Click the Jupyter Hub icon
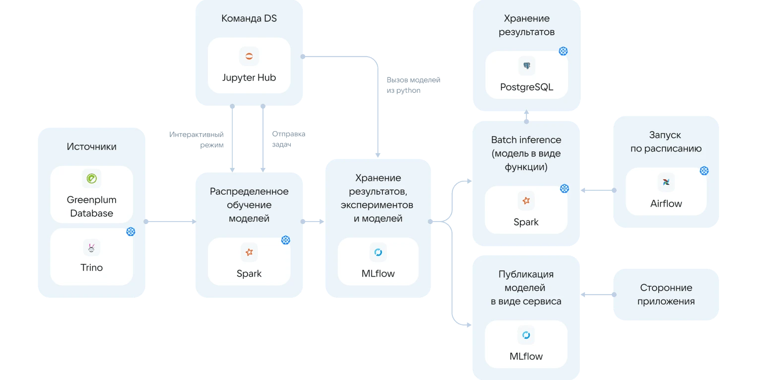pos(249,57)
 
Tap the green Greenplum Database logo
pos(92,178)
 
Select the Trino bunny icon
pos(92,247)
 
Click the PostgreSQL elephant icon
pos(526,66)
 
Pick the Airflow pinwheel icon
pos(666,182)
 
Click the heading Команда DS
pos(249,19)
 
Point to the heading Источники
pos(92,147)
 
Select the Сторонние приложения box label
pos(666,295)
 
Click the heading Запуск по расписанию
pos(666,142)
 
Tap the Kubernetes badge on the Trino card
pos(130,231)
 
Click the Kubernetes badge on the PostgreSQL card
pos(563,51)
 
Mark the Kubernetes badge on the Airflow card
pos(704,171)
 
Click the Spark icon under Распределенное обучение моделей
pos(249,252)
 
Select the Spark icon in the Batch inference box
pos(526,201)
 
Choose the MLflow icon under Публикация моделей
pos(526,335)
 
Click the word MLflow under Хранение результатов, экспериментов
pos(378,273)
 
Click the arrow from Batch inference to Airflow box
pos(598,190)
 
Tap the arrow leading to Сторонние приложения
pos(598,295)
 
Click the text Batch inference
pos(526,140)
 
